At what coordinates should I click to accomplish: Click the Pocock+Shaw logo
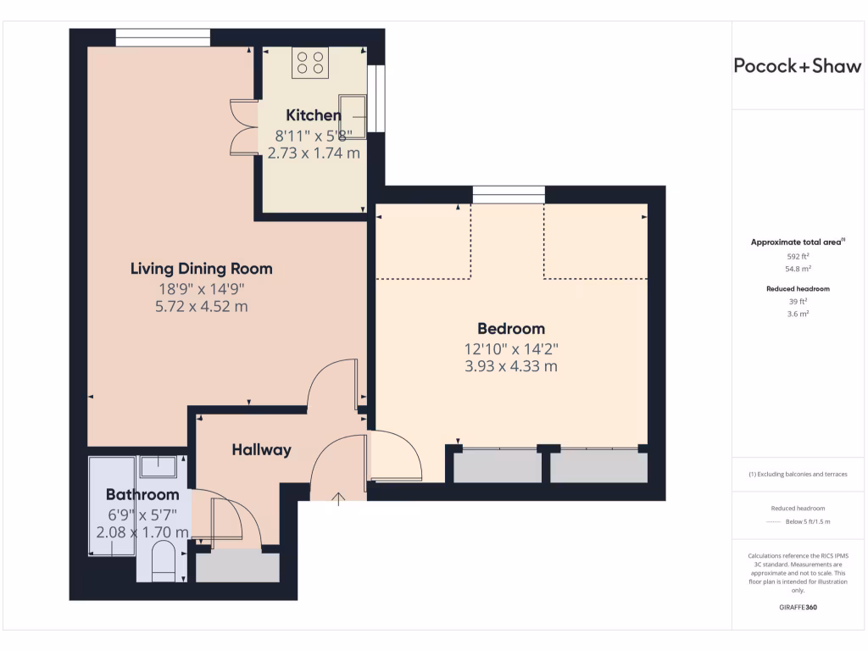797,67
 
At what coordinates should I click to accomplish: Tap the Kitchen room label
314,115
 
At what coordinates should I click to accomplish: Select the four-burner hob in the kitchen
310,63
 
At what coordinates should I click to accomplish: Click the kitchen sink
353,116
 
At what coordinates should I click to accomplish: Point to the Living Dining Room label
201,269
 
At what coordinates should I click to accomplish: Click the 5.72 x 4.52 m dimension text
201,306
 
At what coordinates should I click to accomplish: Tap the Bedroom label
510,329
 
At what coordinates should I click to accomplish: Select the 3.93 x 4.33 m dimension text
510,366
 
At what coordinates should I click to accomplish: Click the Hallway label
261,450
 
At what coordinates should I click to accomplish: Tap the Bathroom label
142,494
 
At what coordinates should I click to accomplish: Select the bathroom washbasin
158,467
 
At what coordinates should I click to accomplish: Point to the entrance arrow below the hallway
339,498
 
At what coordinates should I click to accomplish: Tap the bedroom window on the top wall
509,195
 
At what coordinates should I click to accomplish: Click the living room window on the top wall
163,37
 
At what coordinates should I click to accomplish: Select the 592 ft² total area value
797,256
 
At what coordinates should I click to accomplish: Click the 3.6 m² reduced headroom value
797,314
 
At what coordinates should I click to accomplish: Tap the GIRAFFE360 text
797,608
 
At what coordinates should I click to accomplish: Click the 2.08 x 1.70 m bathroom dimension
142,532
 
